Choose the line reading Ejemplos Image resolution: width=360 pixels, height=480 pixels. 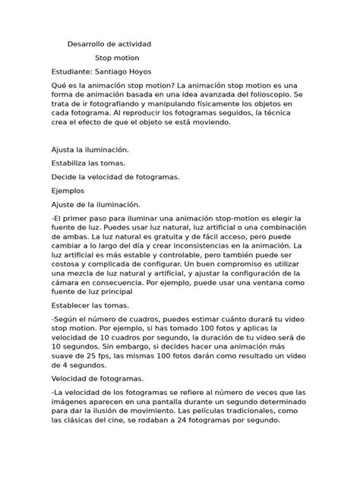[68, 191]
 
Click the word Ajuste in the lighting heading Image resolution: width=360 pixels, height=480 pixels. [64, 204]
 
